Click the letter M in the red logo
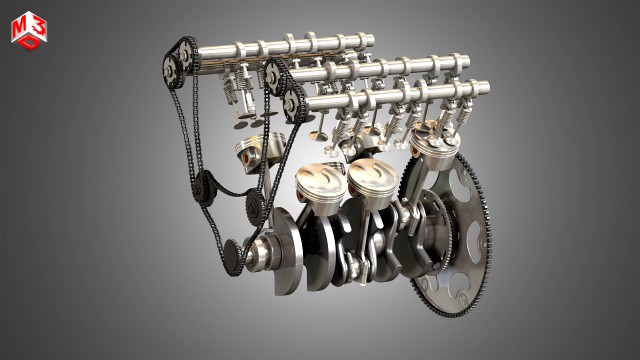coord(22,29)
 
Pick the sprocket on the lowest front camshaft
coord(294,103)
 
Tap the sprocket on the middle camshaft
coord(277,75)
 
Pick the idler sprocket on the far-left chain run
coord(201,186)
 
